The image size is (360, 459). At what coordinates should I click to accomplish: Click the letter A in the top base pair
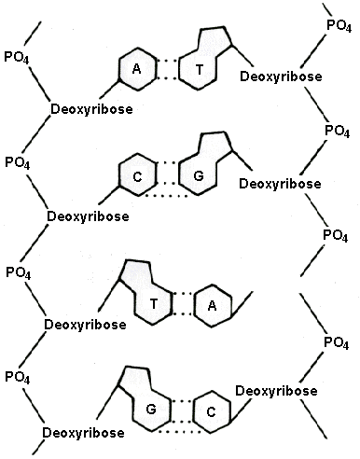pyautogui.click(x=136, y=70)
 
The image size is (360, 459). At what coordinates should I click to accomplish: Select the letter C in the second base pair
pyautogui.click(x=136, y=174)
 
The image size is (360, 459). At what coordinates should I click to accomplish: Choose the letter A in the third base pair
pyautogui.click(x=213, y=304)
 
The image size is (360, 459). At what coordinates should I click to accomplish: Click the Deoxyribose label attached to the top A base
pyautogui.click(x=91, y=110)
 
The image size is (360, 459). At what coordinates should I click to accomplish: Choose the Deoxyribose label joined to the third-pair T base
pyautogui.click(x=84, y=325)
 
